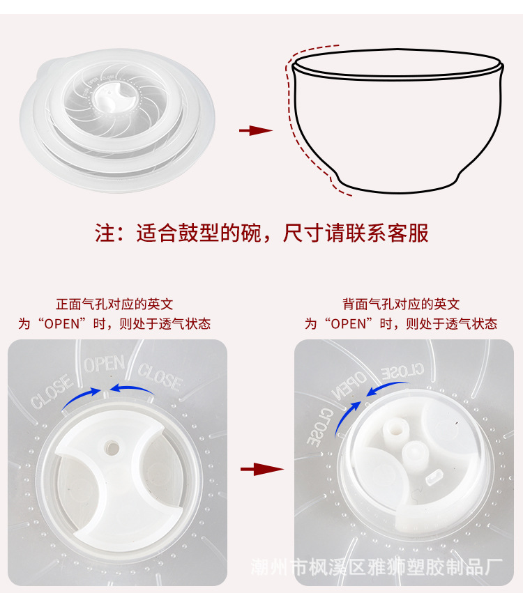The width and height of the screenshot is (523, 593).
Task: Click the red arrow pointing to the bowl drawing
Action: tap(255, 130)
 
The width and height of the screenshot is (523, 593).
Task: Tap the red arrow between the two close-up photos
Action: tap(261, 469)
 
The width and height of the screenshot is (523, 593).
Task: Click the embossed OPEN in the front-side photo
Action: tap(105, 364)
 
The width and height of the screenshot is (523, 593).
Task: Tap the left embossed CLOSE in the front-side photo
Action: tap(50, 392)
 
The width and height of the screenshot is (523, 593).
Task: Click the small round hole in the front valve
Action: tap(111, 444)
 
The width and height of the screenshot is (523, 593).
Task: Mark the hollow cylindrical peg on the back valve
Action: tap(396, 431)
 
